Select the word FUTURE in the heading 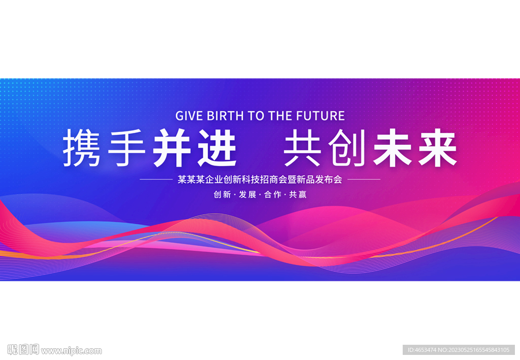coord(320,116)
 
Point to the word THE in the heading coord(280,116)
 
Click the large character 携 coord(82,148)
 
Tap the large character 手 coord(126,148)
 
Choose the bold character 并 coord(172,148)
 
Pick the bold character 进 coord(217,148)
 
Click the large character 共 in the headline coord(303,148)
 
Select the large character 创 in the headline coord(347,148)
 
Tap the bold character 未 coord(393,148)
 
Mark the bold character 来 coord(438,148)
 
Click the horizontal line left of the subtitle coord(156,179)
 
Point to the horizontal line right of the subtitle coord(364,179)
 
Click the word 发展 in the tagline coord(247,194)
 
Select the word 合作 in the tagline coord(273,194)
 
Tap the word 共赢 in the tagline coord(298,194)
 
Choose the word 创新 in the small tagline coord(222,194)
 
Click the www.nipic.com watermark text coord(71,351)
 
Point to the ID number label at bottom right coord(459,350)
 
